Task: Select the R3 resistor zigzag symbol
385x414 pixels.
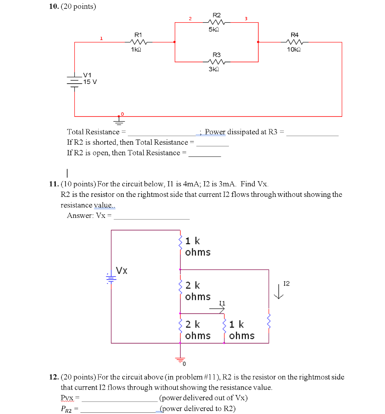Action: (216, 62)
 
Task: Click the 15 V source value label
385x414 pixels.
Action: (90, 82)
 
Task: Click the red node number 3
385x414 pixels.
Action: (245, 18)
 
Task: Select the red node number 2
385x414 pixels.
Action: (190, 18)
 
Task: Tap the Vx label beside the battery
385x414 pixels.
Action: (122, 270)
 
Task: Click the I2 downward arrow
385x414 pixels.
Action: (279, 291)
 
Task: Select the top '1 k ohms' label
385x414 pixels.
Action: (197, 247)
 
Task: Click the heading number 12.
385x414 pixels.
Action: (54, 377)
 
